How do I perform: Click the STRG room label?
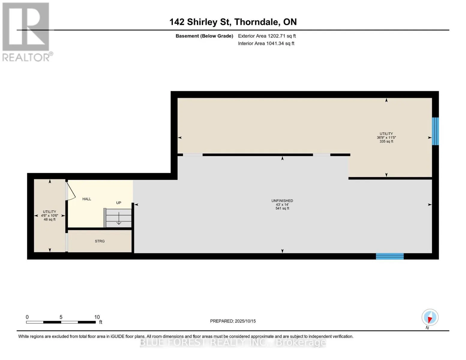pyautogui.click(x=100, y=241)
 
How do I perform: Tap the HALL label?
pyautogui.click(x=87, y=199)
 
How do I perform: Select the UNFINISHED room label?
pyautogui.click(x=282, y=201)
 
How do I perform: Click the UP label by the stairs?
pyautogui.click(x=119, y=203)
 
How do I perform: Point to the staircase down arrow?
pyautogui.click(x=119, y=218)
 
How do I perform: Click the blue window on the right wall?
pyautogui.click(x=435, y=131)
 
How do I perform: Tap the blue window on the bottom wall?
pyautogui.click(x=390, y=256)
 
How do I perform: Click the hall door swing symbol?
pyautogui.click(x=71, y=191)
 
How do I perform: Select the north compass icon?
pyautogui.click(x=430, y=317)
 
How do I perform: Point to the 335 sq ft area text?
pyautogui.click(x=386, y=142)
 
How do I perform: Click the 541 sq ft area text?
pyautogui.click(x=282, y=208)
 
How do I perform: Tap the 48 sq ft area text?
pyautogui.click(x=50, y=220)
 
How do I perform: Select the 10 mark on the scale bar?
pyautogui.click(x=97, y=317)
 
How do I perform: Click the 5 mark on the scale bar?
pyautogui.click(x=61, y=317)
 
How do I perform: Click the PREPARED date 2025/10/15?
pyautogui.click(x=245, y=321)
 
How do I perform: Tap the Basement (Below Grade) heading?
pyautogui.click(x=204, y=36)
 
